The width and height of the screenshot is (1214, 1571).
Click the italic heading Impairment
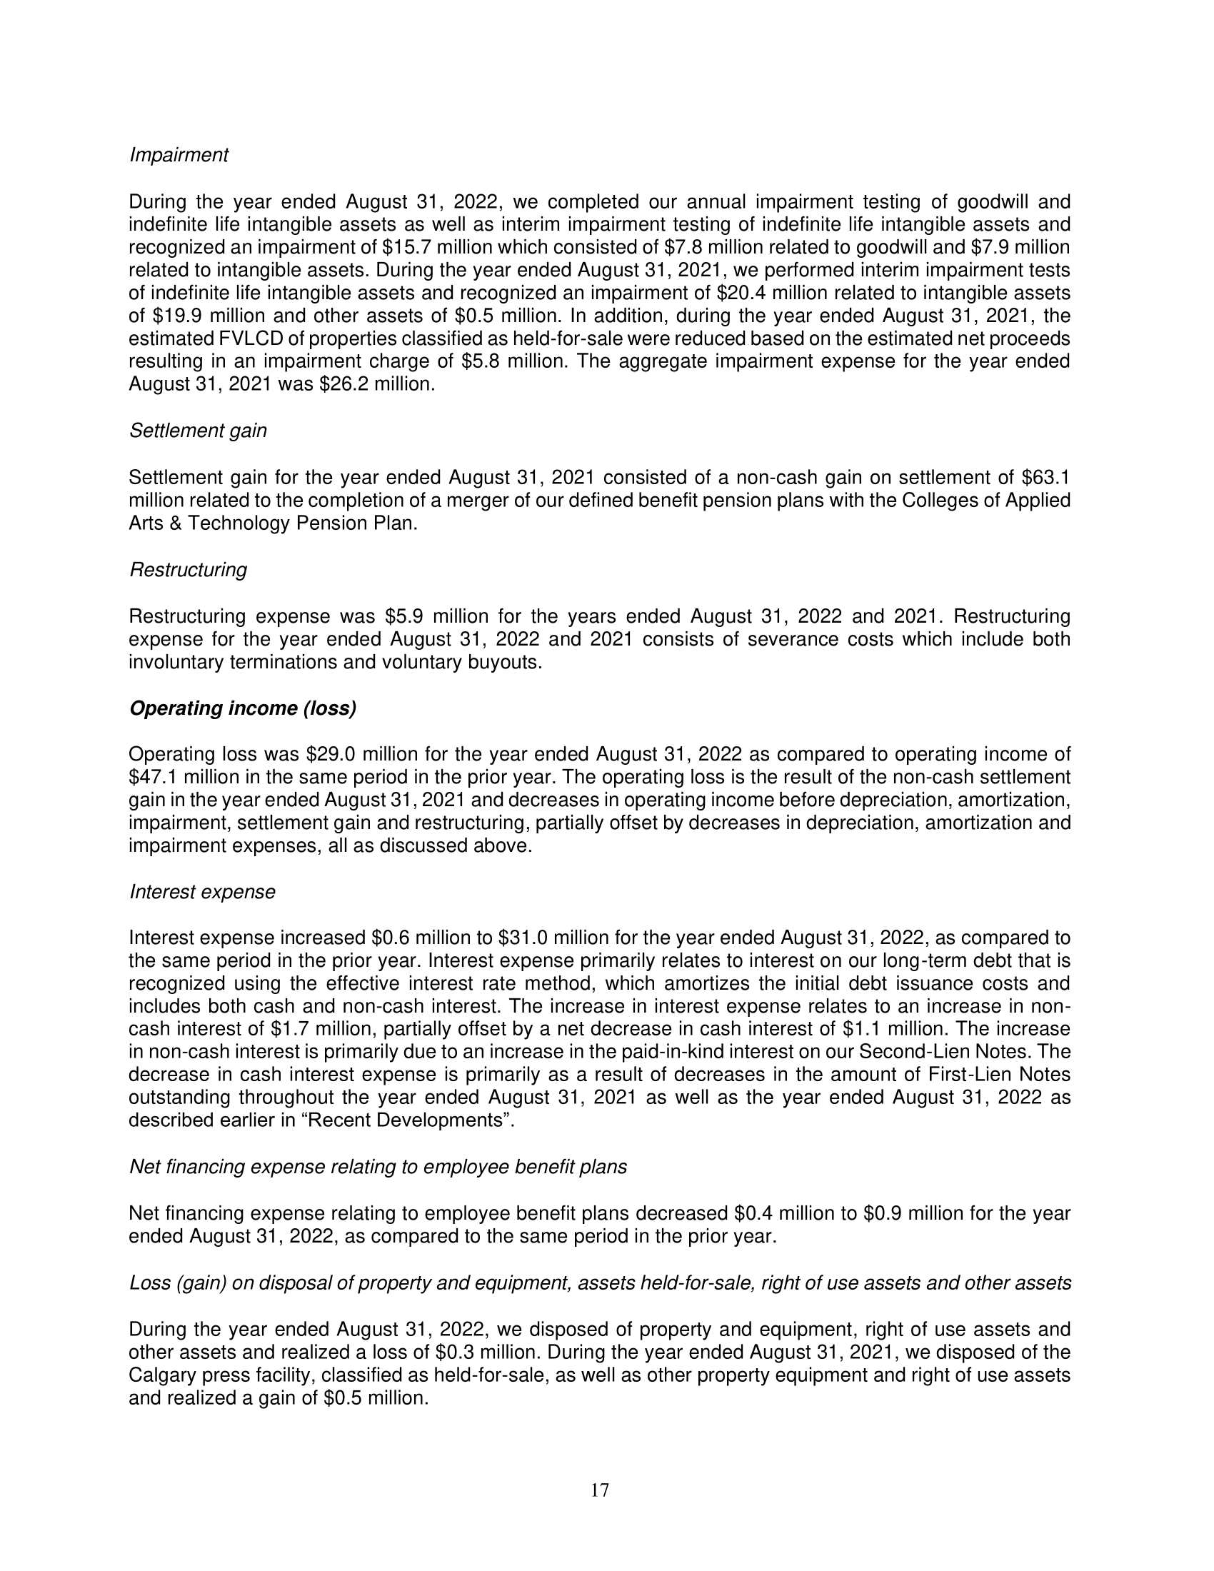[x=179, y=156]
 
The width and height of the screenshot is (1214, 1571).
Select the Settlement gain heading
[x=198, y=431]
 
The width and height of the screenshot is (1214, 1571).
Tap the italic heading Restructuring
[x=188, y=570]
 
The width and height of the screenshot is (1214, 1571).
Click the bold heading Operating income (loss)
[x=242, y=709]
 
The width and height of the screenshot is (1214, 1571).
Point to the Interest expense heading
[x=202, y=892]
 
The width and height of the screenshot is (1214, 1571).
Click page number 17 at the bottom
[x=600, y=1490]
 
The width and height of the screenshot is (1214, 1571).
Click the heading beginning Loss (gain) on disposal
[x=600, y=1283]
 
